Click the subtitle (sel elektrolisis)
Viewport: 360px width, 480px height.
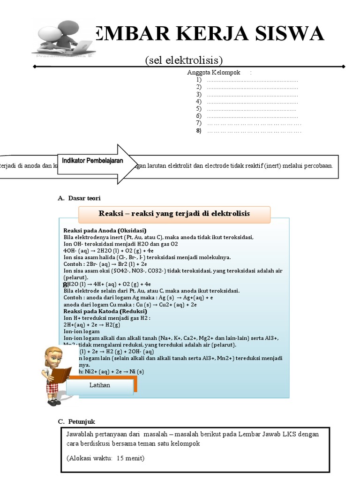click(183, 60)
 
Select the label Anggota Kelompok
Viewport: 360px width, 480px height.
click(213, 73)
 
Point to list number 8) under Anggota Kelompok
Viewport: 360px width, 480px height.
click(199, 131)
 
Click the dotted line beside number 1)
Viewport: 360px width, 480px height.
click(252, 80)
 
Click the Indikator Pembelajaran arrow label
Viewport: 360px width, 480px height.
click(92, 161)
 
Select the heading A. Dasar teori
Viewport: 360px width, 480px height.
click(79, 198)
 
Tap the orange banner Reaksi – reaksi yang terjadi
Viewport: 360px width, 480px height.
click(174, 214)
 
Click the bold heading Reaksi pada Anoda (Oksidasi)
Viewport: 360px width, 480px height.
click(105, 231)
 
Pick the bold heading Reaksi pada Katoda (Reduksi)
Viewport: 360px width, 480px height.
click(105, 311)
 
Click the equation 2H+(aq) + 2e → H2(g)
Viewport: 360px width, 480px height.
click(92, 324)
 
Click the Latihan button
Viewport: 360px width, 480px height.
click(99, 385)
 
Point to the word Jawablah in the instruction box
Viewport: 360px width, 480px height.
click(78, 434)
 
